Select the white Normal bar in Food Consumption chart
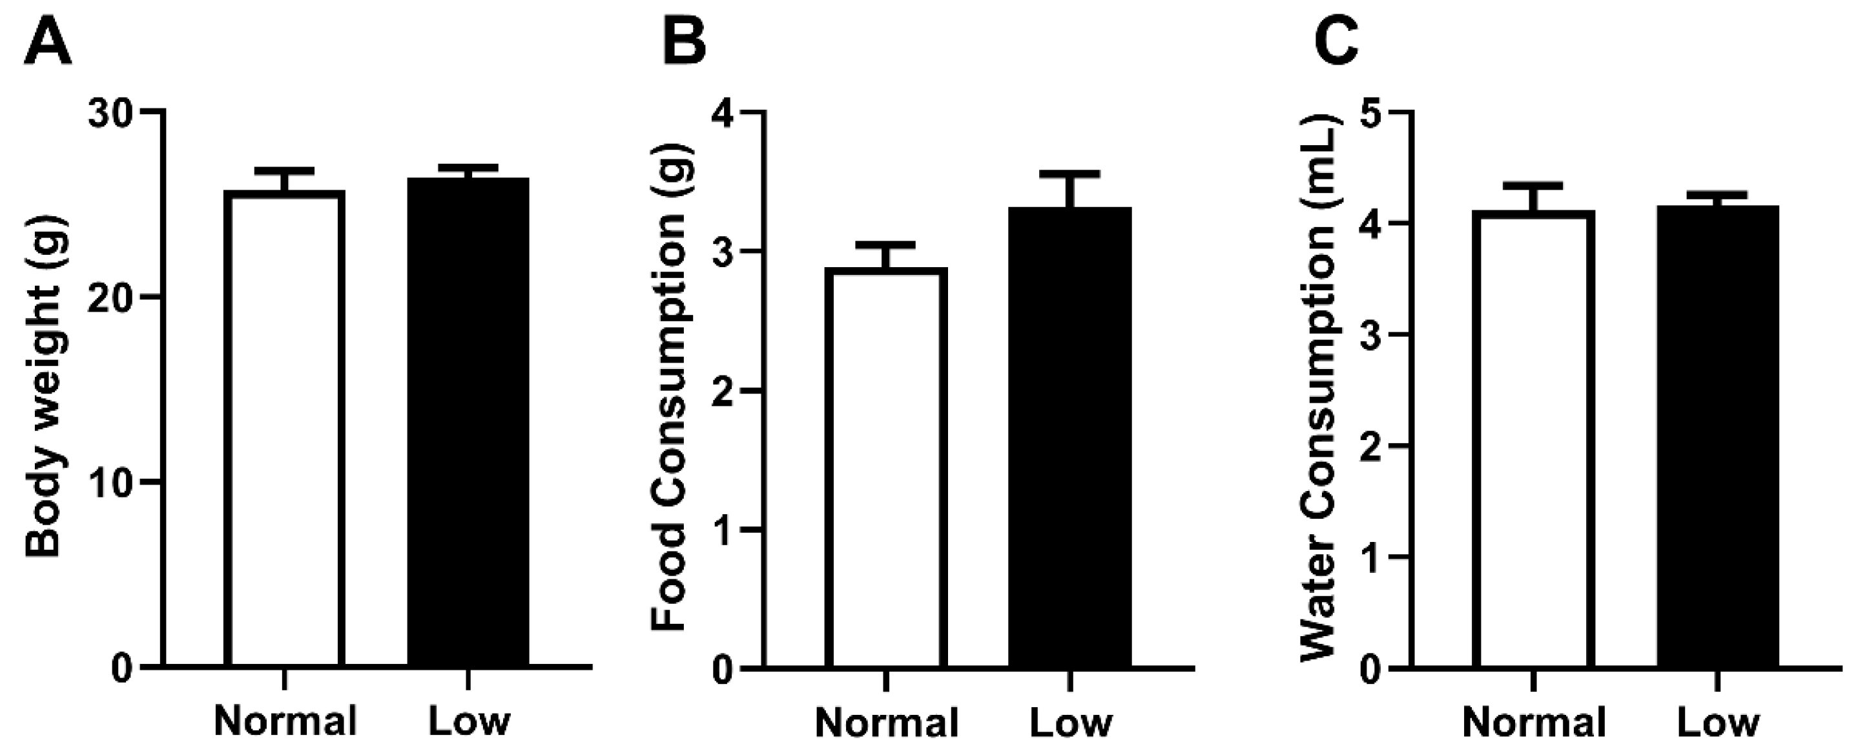point(887,468)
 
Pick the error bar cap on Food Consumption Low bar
point(1070,174)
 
